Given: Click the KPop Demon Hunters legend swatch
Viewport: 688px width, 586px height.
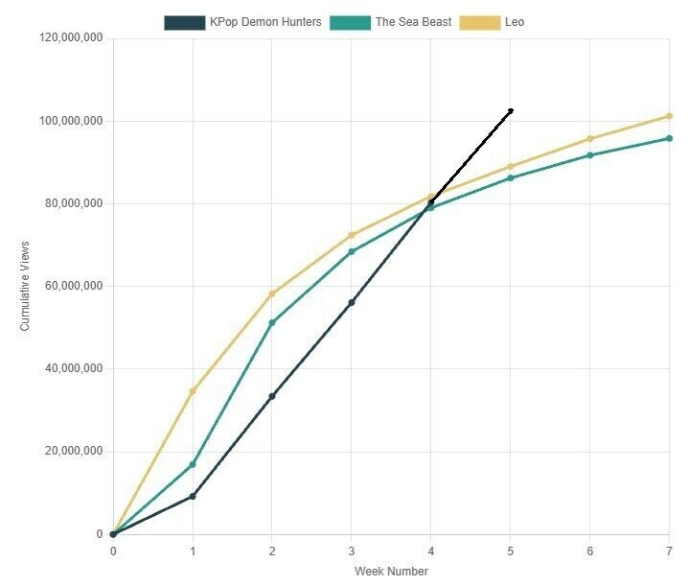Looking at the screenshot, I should click(184, 22).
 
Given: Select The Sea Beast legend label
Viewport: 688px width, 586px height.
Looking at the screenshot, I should click(413, 22).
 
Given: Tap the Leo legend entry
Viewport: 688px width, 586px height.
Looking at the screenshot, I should click(516, 22).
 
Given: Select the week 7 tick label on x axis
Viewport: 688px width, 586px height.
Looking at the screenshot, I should click(669, 551).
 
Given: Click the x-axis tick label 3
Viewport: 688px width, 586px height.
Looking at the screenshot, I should click(352, 551).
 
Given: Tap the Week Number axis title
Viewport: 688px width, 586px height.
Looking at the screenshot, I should click(391, 572).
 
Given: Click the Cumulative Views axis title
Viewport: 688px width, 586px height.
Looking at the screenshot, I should click(25, 286).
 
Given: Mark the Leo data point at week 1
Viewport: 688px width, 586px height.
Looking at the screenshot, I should click(193, 391).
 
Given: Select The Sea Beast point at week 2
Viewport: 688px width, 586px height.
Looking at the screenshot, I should click(272, 322).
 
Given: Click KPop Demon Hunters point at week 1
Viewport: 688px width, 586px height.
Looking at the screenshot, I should click(193, 496).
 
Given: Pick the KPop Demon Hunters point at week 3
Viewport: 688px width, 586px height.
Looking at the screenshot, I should click(352, 302).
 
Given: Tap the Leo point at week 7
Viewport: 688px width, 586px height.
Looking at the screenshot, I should click(669, 116).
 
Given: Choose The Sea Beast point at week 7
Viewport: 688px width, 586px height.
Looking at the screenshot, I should click(669, 138).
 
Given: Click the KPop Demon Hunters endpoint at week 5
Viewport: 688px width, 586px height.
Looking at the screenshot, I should click(511, 111).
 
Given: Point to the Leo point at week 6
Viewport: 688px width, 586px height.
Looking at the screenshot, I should click(589, 139).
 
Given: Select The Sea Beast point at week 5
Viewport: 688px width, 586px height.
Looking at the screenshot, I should click(511, 177).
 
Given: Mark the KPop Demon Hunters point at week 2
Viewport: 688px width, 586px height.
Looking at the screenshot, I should click(272, 396).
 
